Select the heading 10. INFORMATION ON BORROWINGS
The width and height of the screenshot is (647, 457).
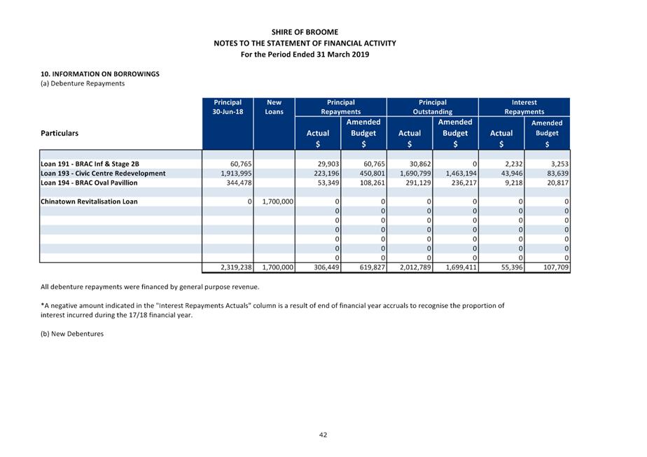coord(100,73)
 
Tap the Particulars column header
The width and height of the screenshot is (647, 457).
coord(60,132)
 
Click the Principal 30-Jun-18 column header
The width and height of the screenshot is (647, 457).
coord(228,107)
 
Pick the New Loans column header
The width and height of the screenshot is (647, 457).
coord(274,107)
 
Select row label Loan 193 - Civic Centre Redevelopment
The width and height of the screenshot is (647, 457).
coord(104,173)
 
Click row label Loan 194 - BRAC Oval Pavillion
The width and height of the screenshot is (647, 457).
coord(89,183)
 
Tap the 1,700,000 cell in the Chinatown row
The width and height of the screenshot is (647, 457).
coord(278,202)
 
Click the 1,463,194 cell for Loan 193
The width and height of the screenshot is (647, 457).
coord(460,173)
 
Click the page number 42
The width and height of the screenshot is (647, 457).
coord(323,435)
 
